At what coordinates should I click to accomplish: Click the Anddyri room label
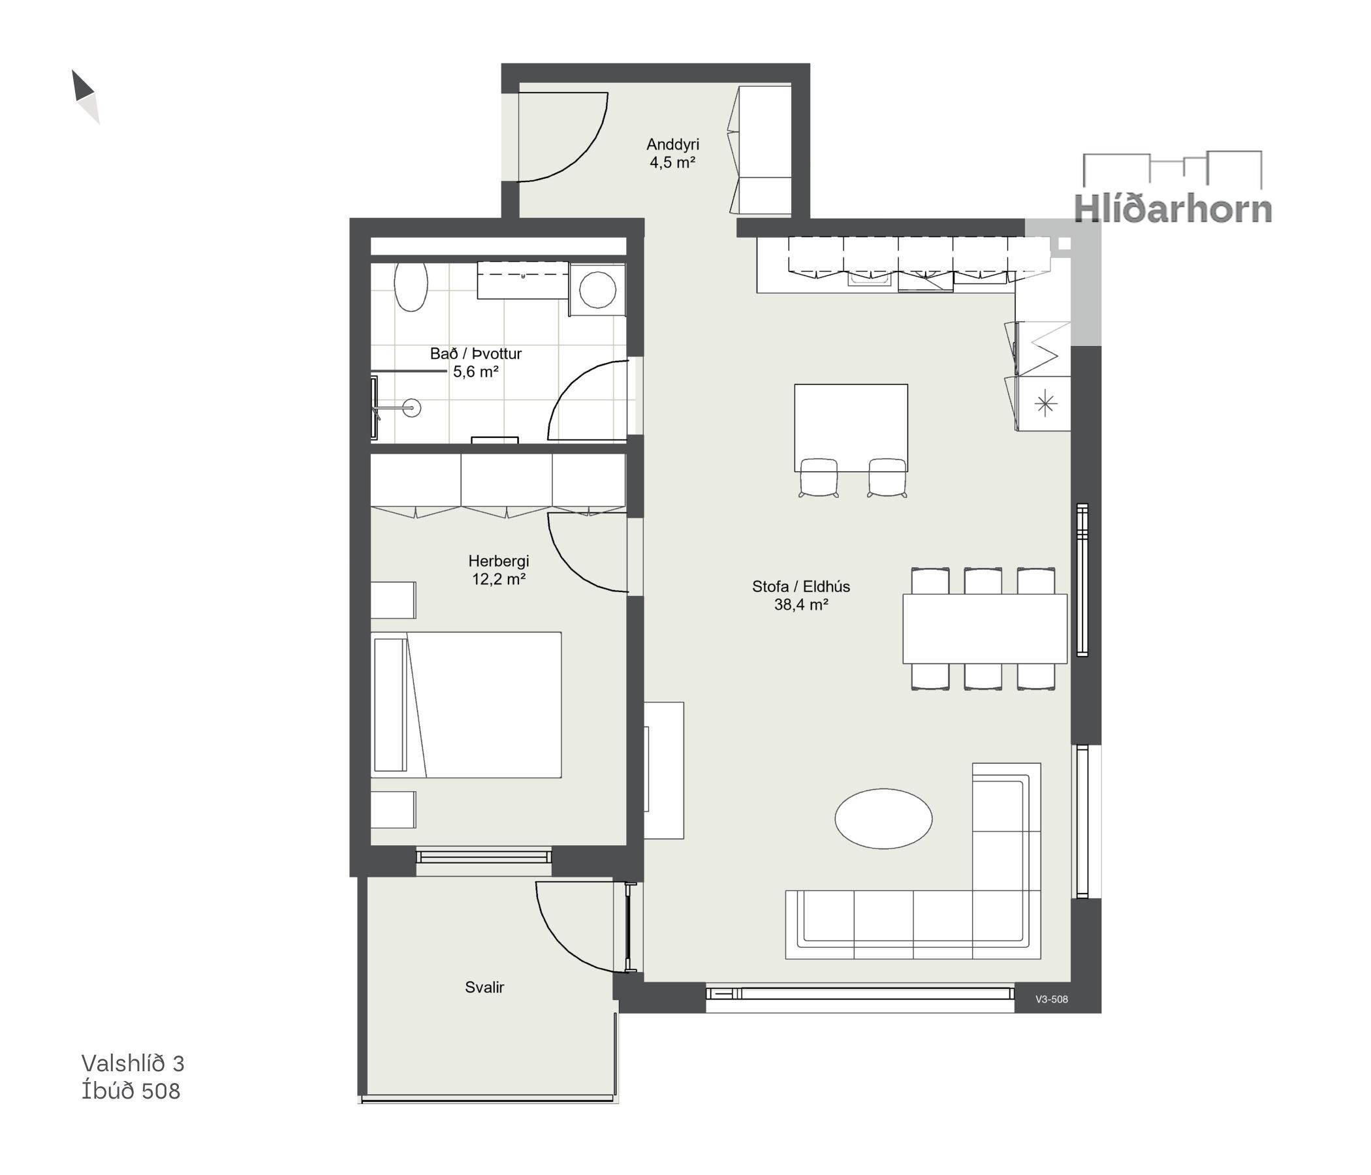[672, 144]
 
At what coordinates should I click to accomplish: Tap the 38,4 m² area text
[801, 604]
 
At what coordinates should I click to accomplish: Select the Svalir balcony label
[484, 987]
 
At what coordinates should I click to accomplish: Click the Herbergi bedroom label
[499, 561]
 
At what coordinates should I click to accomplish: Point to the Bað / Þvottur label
[476, 354]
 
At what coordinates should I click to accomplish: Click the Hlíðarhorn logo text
[1173, 209]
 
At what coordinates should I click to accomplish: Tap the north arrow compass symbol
[86, 97]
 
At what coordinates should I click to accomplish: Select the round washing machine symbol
[597, 290]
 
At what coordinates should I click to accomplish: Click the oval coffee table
[883, 819]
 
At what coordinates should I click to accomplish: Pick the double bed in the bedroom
[466, 704]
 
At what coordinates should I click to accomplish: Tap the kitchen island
[851, 428]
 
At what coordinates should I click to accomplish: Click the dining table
[985, 629]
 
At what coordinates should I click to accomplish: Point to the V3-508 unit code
[1051, 999]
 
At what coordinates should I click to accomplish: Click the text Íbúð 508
[131, 1091]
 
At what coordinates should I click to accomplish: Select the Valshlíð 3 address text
[133, 1063]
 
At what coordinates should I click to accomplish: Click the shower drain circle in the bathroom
[411, 407]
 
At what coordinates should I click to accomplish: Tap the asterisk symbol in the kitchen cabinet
[1045, 403]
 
